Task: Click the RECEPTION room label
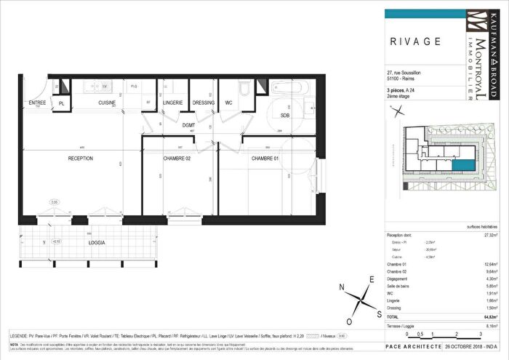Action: [81, 158]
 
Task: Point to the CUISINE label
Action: [109, 103]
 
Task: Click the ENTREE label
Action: [37, 103]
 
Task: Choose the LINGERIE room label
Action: [172, 103]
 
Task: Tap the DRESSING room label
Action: [204, 103]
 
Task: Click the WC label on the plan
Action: [228, 103]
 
